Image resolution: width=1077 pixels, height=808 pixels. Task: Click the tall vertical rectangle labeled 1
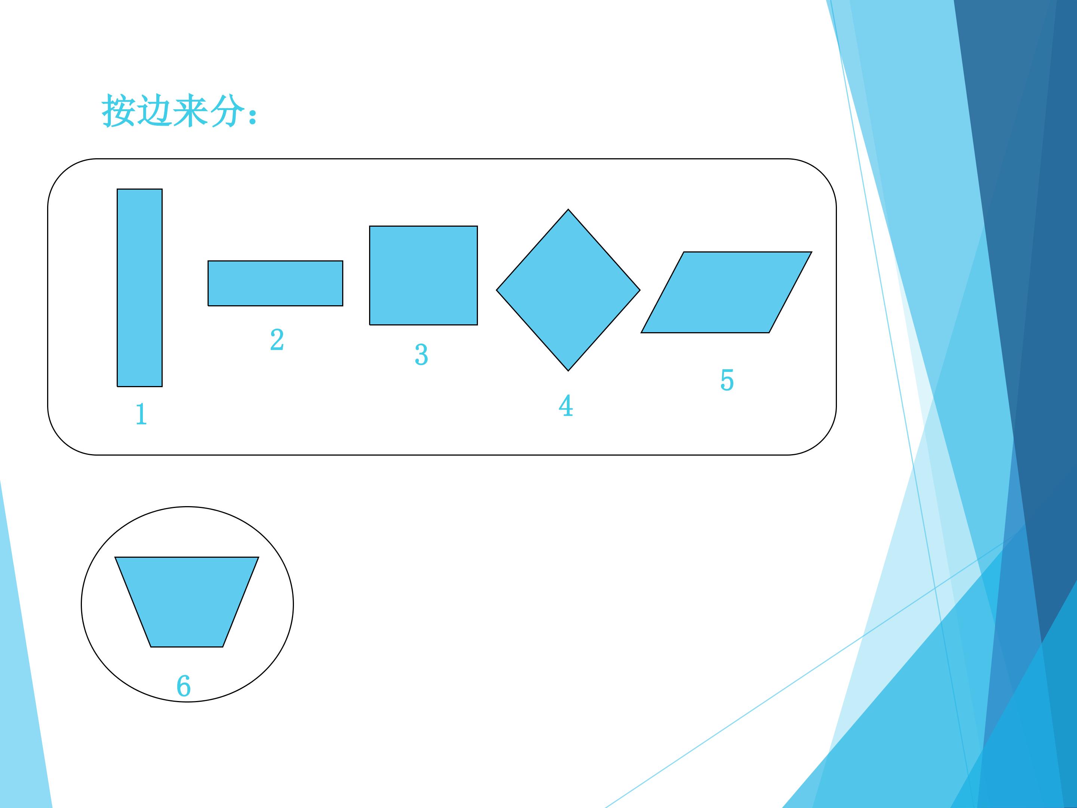coord(140,288)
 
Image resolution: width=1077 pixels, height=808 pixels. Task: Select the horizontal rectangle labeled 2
coord(276,284)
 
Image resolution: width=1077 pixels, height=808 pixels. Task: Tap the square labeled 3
coord(424,275)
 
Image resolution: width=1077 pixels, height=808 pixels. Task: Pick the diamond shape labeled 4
coord(568,290)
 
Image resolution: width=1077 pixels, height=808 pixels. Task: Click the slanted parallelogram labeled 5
coord(727,292)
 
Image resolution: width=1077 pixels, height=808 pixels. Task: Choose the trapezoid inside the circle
coord(187,602)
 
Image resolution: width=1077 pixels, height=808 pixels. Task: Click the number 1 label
coord(141,414)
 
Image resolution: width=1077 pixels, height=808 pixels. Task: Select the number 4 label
coord(566,406)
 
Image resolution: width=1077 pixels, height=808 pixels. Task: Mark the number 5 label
coord(727,380)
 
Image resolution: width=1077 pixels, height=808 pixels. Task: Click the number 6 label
coord(184,686)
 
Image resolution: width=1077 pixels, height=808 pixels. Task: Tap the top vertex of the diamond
coord(568,209)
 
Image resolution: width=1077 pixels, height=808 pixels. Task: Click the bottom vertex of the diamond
coord(568,371)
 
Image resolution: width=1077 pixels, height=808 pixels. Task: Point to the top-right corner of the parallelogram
coord(811,252)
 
